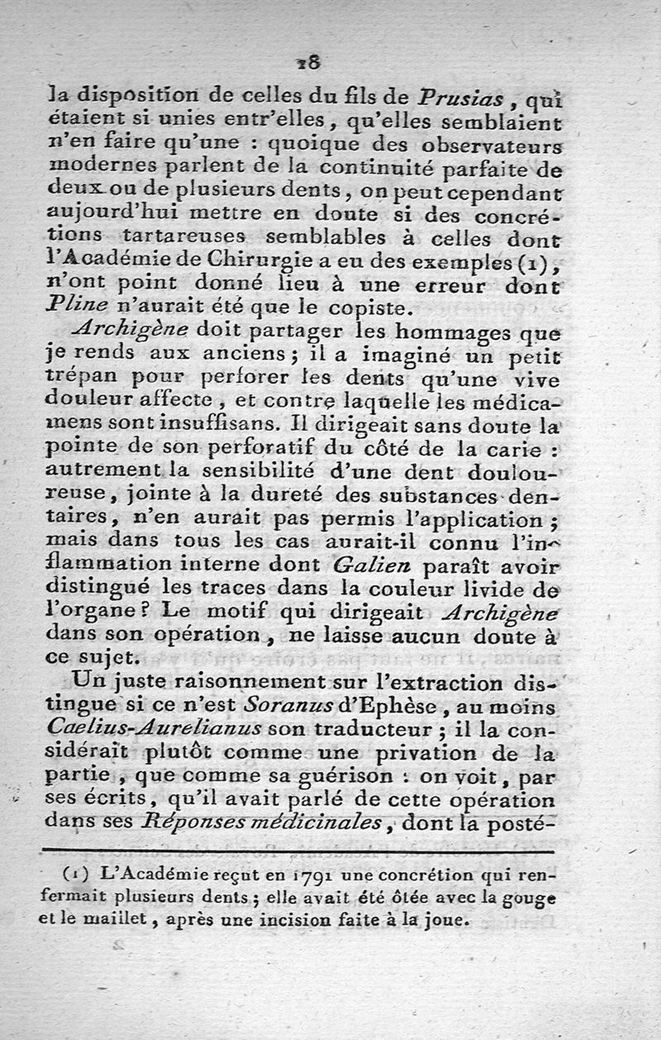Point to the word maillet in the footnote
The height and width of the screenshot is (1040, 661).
pos(124,918)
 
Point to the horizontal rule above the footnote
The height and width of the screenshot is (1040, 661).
pos(297,850)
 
